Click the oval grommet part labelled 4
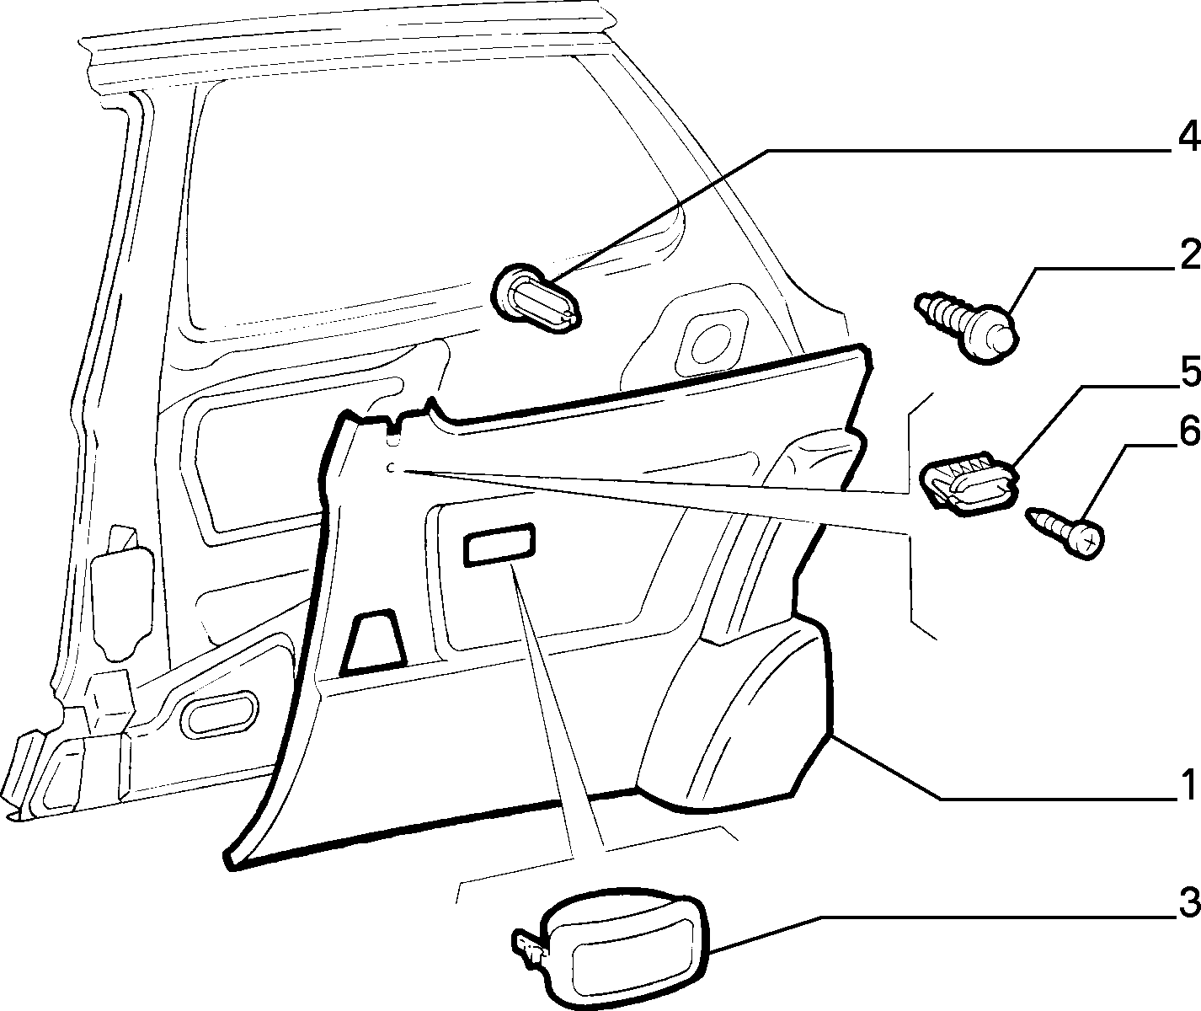tap(536, 298)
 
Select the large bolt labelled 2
tap(966, 324)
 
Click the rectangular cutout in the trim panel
tap(499, 544)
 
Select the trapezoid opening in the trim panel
tap(374, 642)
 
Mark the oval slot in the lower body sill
tap(218, 714)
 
